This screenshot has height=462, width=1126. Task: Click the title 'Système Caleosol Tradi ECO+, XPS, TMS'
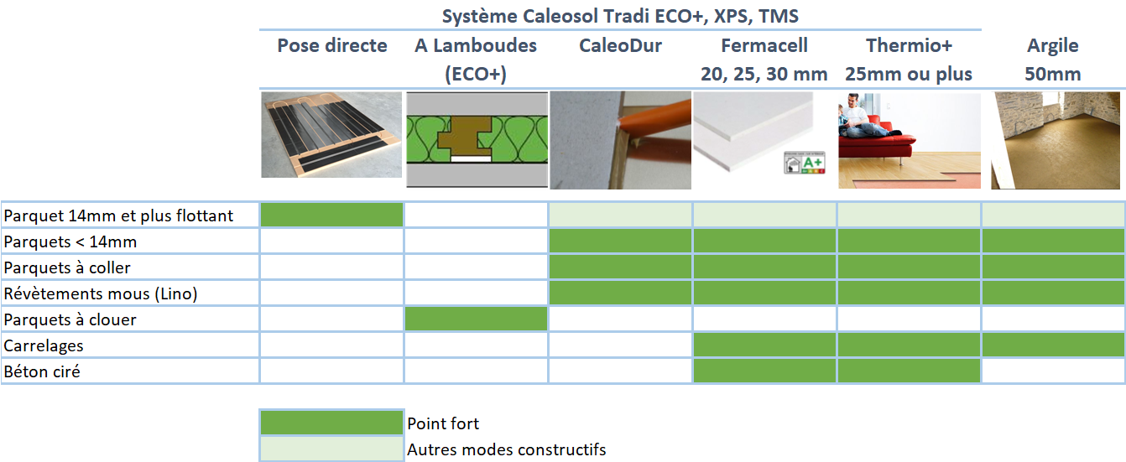620,16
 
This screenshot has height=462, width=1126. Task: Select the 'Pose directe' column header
332,46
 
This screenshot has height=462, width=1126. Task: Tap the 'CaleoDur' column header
620,46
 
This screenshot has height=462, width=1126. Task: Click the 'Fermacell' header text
764,46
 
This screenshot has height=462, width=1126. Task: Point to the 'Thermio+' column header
909,46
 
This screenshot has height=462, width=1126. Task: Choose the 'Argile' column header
1053,46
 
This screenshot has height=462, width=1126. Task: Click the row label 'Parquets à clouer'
70,320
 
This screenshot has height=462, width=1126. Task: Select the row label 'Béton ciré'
42,371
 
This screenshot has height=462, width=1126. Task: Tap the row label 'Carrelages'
44,346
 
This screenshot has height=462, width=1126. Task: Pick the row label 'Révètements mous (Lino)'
101,293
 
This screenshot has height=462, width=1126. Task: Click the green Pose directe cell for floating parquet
331,215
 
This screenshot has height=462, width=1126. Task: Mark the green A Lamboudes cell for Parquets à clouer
476,319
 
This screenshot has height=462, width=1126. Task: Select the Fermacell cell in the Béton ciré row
764,371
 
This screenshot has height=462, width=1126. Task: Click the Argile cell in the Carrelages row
1054,345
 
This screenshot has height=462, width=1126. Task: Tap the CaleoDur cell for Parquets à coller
620,267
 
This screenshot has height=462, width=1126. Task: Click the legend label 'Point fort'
443,423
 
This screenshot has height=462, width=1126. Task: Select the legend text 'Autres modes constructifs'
507,449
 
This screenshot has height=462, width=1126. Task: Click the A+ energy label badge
805,163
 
